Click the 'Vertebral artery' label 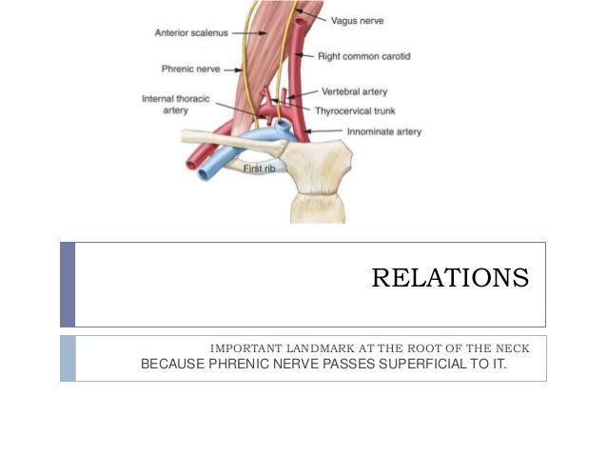(x=355, y=92)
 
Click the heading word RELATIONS (x=449, y=278)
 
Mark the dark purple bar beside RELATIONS (x=67, y=284)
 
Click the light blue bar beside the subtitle (x=67, y=357)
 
